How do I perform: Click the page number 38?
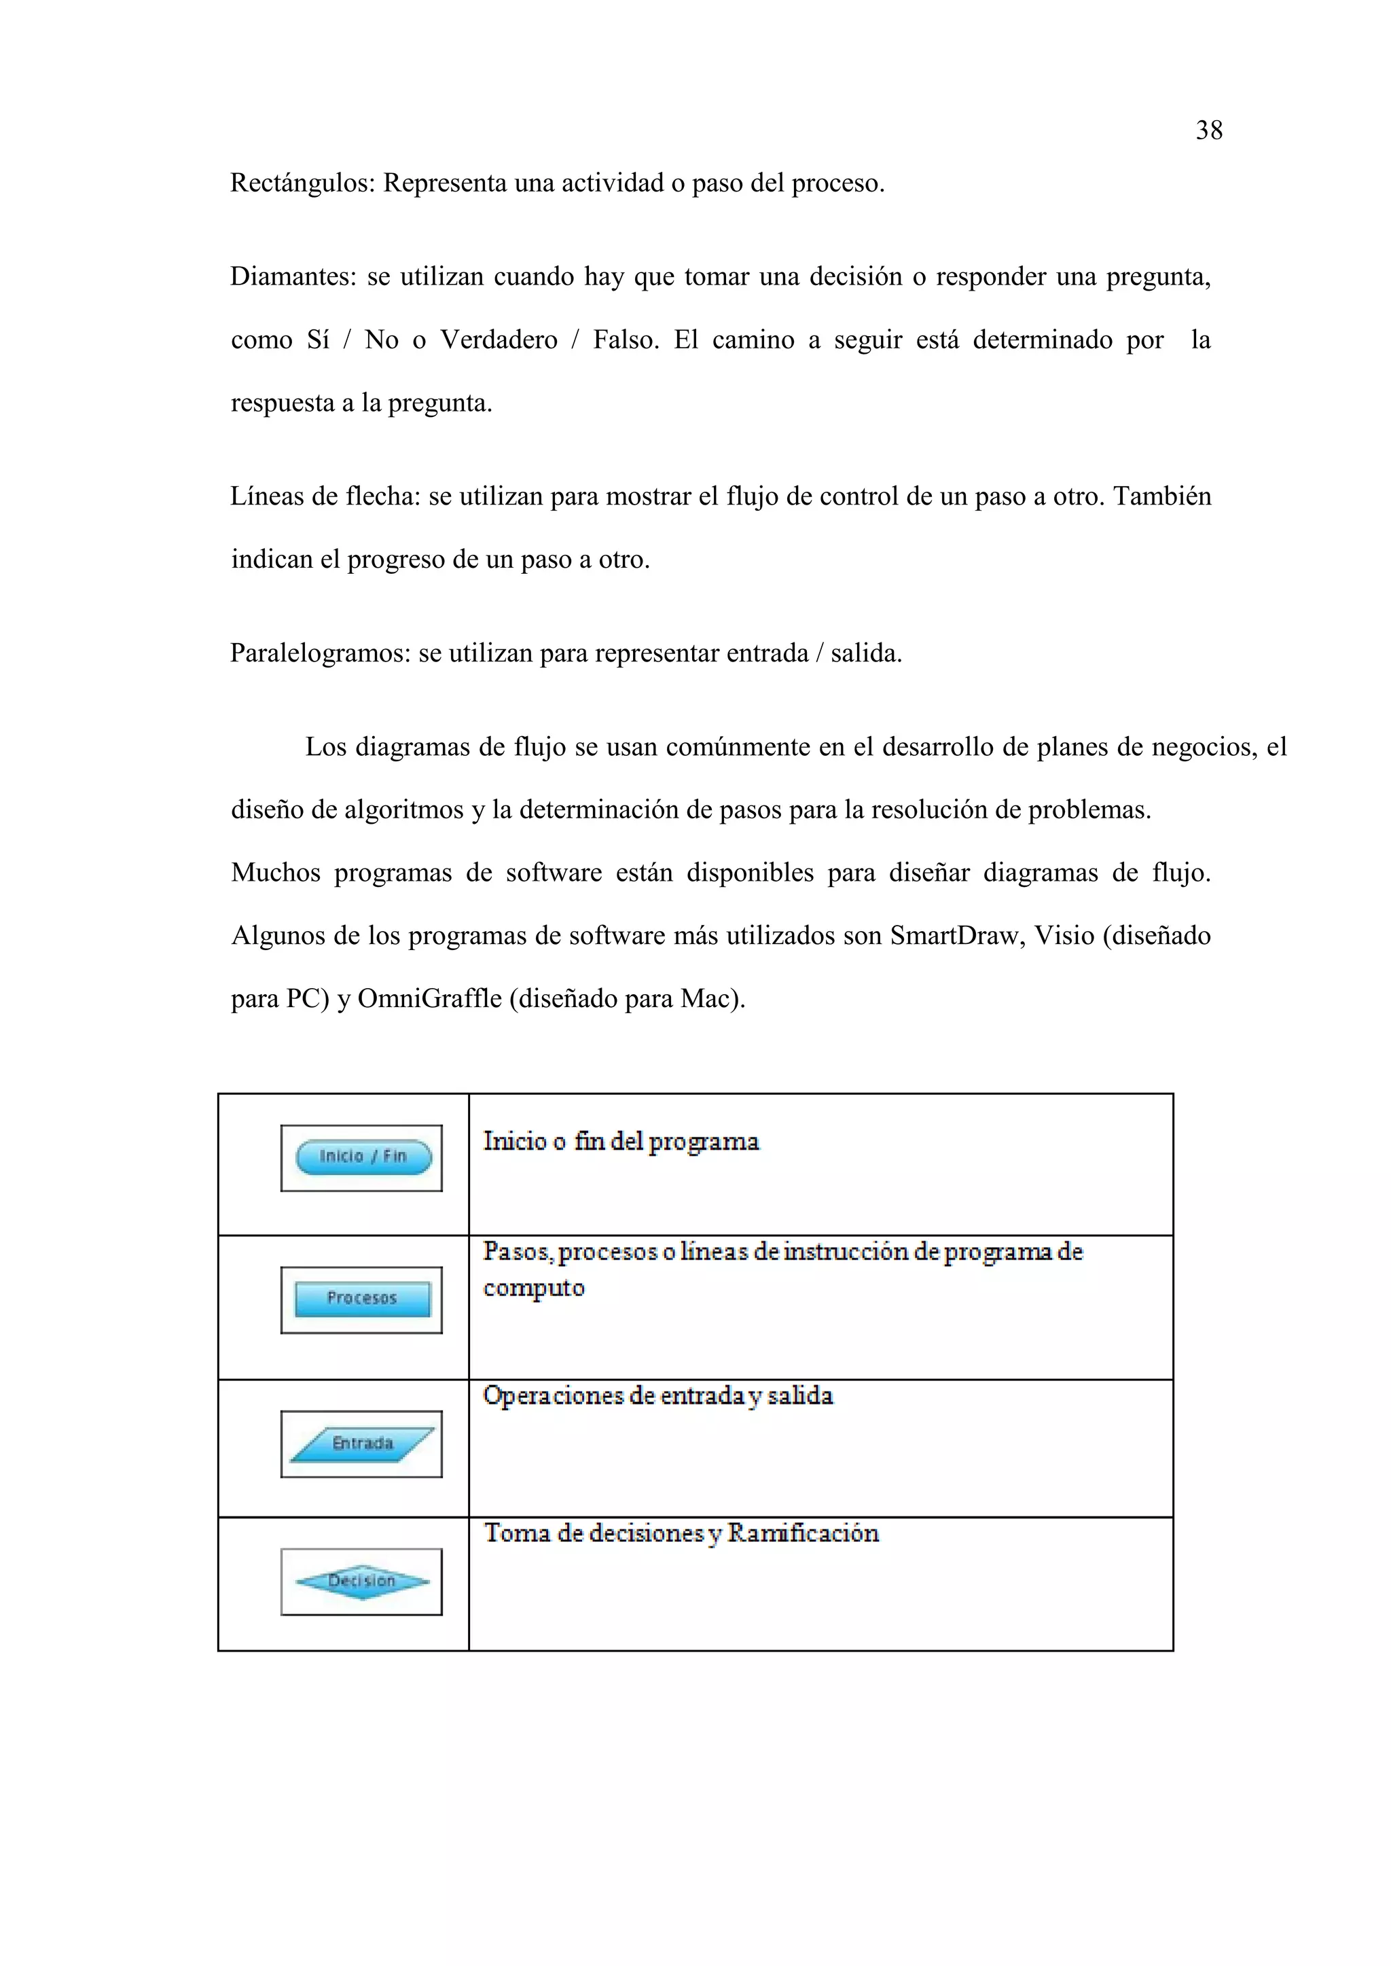1208,130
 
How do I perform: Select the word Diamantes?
292,276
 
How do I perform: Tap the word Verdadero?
499,340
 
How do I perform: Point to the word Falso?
626,340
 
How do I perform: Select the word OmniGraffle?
429,998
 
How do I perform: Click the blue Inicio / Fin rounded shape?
363,1157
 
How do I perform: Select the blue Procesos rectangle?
362,1299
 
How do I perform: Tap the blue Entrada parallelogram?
362,1444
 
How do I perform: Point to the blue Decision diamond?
362,1581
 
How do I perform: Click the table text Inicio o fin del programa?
621,1142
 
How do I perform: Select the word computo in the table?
534,1288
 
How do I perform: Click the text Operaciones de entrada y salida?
658,1396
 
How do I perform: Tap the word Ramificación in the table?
803,1533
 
